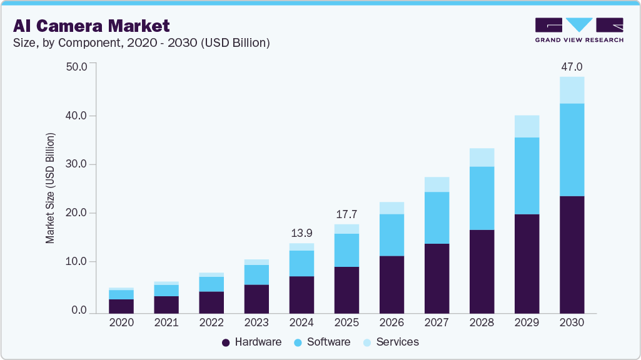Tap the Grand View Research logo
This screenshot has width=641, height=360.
point(578,29)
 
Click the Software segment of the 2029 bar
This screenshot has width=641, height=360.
point(527,176)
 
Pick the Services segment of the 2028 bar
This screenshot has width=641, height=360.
point(482,157)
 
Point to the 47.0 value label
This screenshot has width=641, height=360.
point(572,66)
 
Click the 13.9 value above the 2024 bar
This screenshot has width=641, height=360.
point(301,233)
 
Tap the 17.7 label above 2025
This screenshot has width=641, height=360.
point(346,214)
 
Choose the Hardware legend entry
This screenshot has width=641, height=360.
point(252,342)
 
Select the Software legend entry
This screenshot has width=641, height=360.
point(322,342)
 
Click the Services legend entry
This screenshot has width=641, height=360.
point(391,342)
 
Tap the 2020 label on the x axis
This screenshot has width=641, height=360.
point(121,322)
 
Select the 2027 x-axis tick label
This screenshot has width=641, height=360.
point(437,322)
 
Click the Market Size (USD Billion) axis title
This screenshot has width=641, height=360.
point(51,187)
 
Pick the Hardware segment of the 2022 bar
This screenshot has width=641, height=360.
point(211,302)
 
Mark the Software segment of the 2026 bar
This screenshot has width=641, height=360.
point(391,235)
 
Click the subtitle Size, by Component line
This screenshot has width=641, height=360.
point(141,42)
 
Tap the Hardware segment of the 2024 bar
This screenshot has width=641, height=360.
point(301,294)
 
